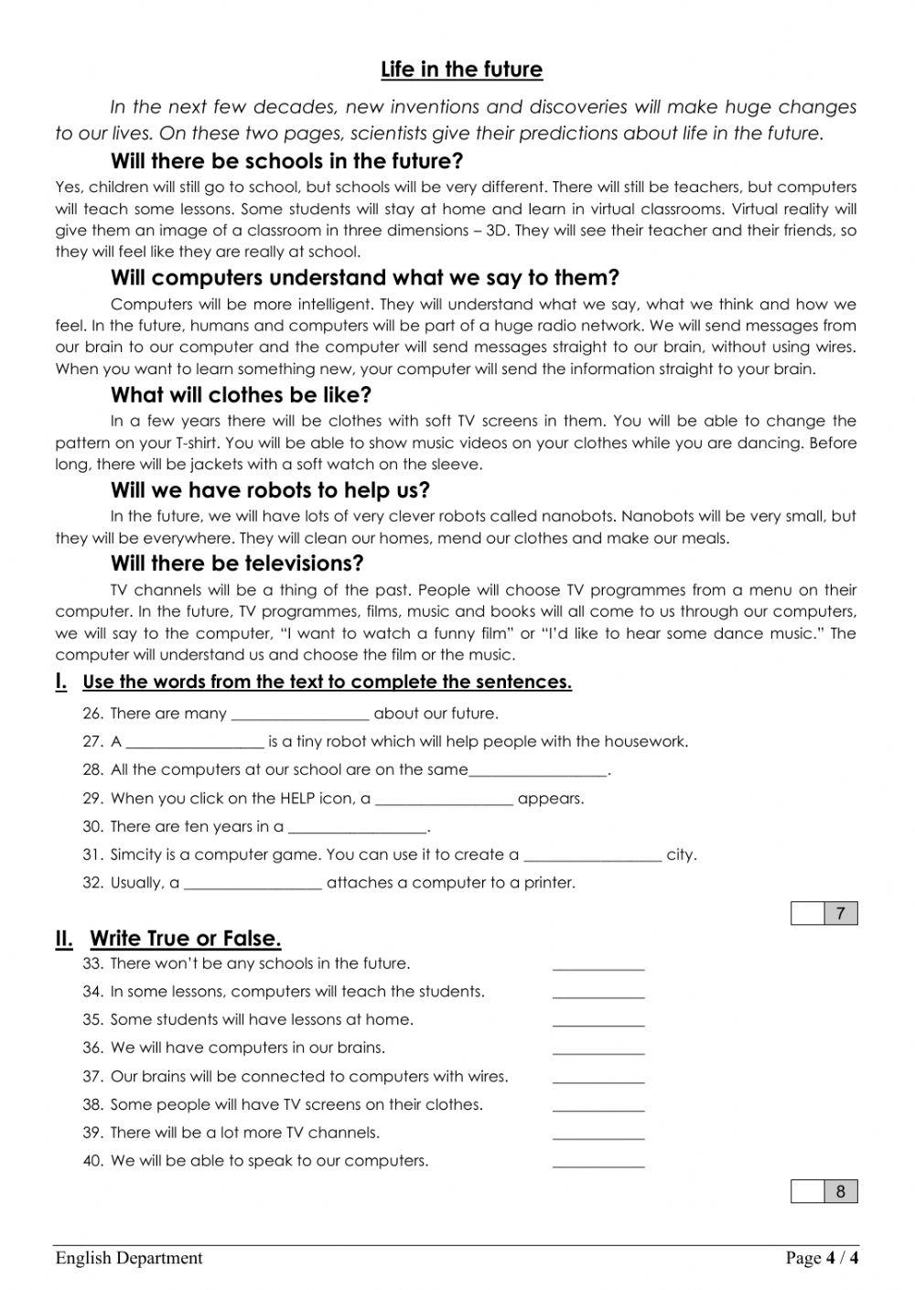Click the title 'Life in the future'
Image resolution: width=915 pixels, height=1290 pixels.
[461, 70]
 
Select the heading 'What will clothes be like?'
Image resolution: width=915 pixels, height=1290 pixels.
[241, 395]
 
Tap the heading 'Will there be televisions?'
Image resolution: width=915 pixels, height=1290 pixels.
[237, 564]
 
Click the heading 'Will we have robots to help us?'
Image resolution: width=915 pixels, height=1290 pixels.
[270, 490]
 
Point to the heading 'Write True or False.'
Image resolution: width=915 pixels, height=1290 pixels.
[185, 939]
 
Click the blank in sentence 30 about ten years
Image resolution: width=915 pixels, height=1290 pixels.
[358, 829]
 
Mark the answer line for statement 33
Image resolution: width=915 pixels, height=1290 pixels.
[598, 966]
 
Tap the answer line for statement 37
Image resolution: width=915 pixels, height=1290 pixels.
[598, 1080]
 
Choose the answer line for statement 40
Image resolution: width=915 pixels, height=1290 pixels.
[598, 1164]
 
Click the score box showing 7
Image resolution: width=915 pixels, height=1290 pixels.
[841, 913]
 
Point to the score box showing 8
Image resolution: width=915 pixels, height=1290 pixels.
[841, 1191]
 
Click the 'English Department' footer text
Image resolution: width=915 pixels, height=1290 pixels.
[129, 1258]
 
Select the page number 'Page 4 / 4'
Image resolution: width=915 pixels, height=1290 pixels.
[822, 1258]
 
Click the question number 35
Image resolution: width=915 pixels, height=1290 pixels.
[92, 1020]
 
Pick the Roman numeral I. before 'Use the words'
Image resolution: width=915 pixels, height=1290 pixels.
[61, 681]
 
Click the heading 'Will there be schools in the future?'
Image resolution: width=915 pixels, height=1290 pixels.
[286, 162]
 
